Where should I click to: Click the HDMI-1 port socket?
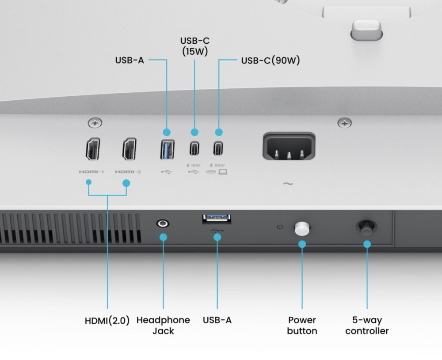pyautogui.click(x=93, y=149)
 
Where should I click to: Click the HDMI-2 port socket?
pyautogui.click(x=130, y=149)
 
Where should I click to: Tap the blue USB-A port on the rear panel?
pyautogui.click(x=167, y=150)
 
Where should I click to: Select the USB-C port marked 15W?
pyautogui.click(x=194, y=148)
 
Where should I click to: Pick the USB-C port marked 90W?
pyautogui.click(x=218, y=148)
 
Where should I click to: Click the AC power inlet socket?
pyautogui.click(x=289, y=146)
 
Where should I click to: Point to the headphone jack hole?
pyautogui.click(x=163, y=224)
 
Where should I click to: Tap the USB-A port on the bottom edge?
pyautogui.click(x=217, y=219)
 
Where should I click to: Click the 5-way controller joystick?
pyautogui.click(x=366, y=227)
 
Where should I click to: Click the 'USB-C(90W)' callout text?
pyautogui.click(x=271, y=60)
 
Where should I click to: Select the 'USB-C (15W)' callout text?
pyautogui.click(x=195, y=46)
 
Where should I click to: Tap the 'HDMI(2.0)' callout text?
pyautogui.click(x=107, y=321)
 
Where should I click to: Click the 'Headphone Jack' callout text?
pyautogui.click(x=163, y=326)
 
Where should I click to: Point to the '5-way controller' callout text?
pyautogui.click(x=367, y=326)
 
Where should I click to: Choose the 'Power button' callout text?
pyautogui.click(x=302, y=326)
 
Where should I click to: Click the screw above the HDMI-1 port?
pyautogui.click(x=95, y=123)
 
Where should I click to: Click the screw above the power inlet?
pyautogui.click(x=344, y=123)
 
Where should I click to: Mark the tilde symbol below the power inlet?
pyautogui.click(x=288, y=184)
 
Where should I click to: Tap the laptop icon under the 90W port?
pyautogui.click(x=223, y=171)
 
